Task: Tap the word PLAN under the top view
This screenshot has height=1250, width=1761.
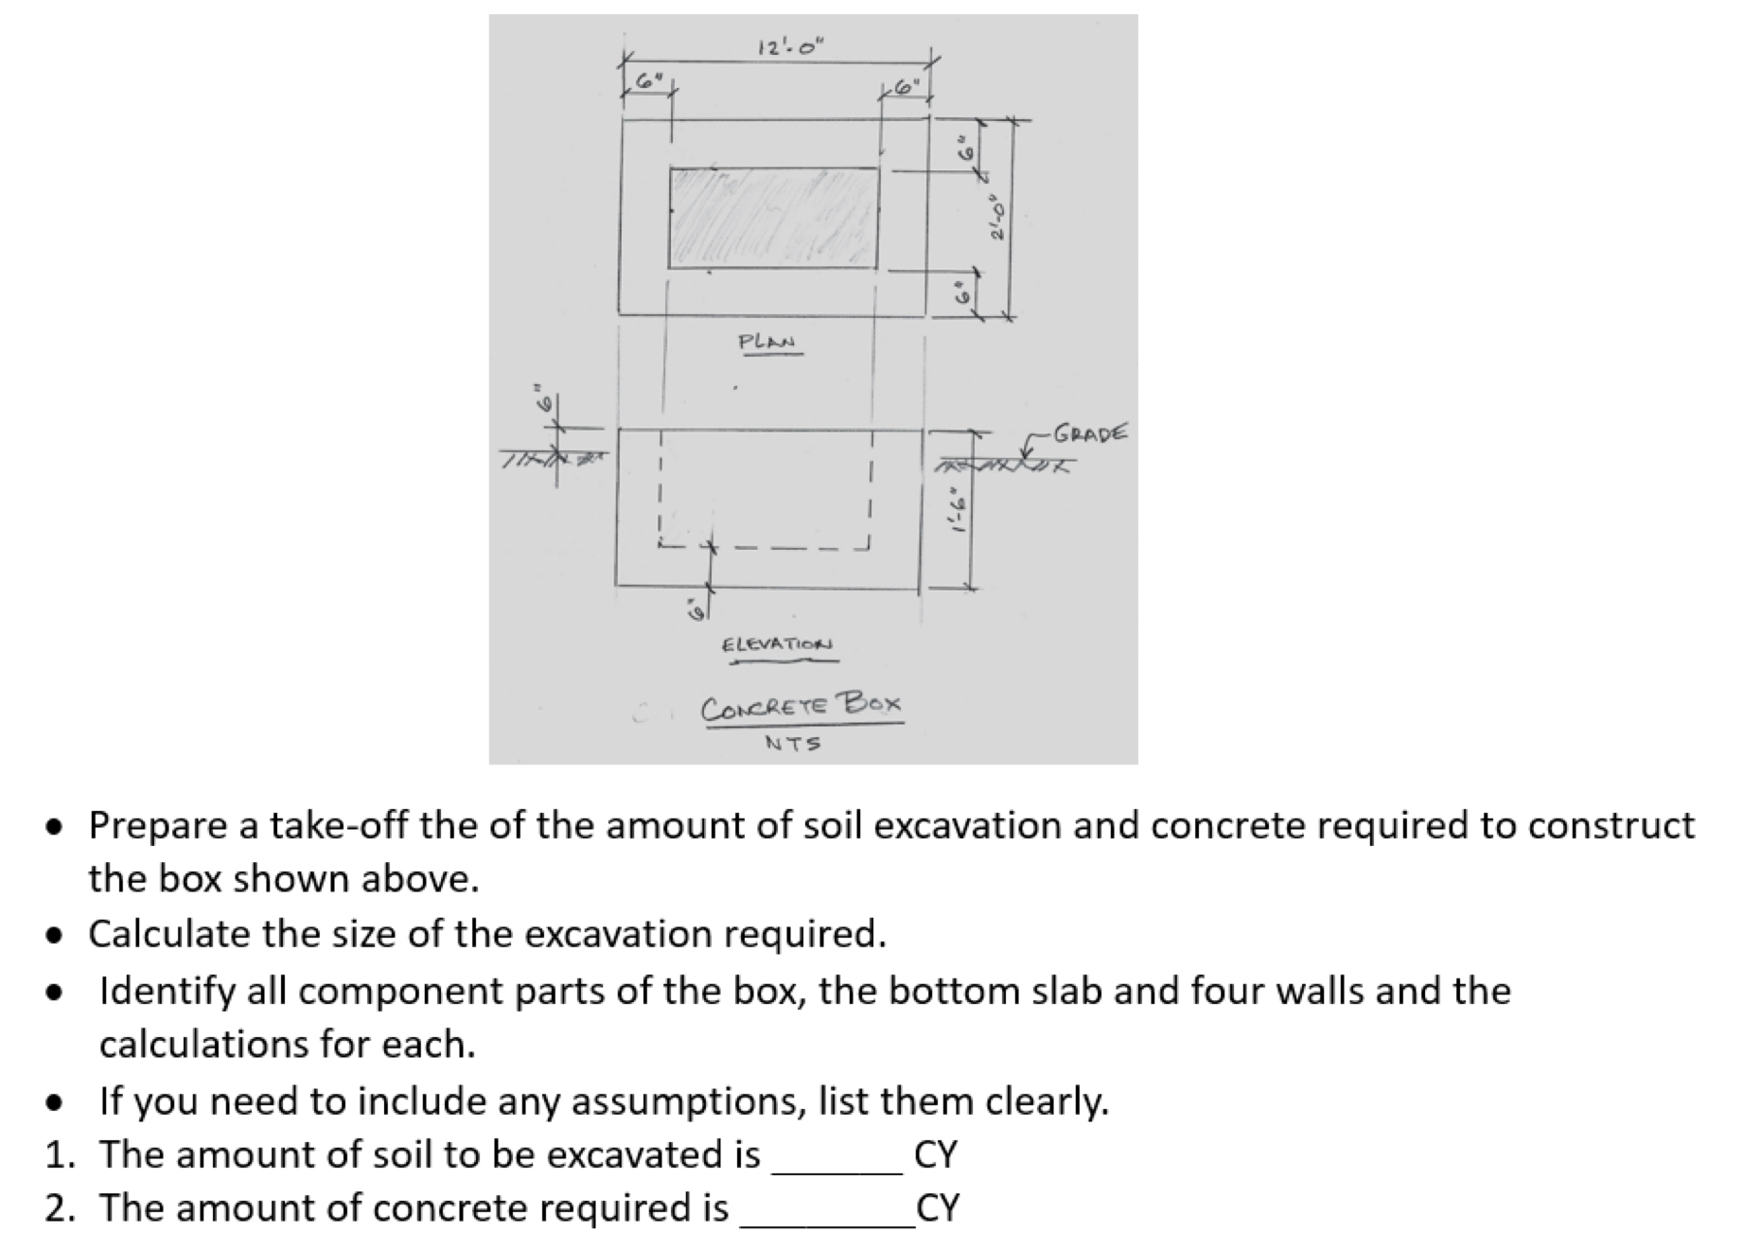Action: [x=766, y=342]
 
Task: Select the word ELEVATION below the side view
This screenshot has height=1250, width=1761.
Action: [x=777, y=644]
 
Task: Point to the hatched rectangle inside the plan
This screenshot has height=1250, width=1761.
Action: [x=773, y=219]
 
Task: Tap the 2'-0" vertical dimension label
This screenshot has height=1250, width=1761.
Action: [x=995, y=219]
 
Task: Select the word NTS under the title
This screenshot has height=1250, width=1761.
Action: [x=792, y=744]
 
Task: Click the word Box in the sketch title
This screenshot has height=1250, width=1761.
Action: [x=872, y=703]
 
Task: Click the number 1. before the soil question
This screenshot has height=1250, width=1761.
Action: [x=59, y=1154]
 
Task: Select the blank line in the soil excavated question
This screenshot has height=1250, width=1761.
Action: [x=837, y=1169]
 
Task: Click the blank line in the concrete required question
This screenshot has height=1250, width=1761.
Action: [x=827, y=1222]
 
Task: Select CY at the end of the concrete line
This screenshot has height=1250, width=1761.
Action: [x=938, y=1208]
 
